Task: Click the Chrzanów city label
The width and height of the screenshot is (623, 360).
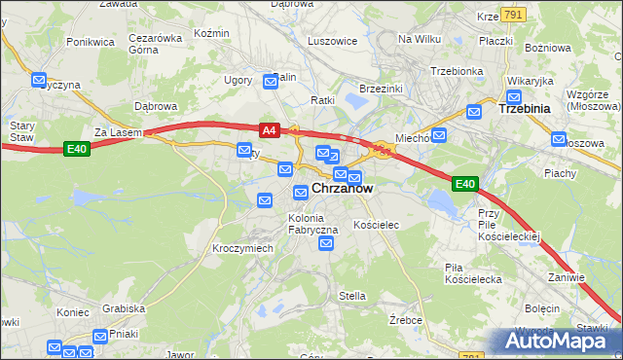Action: [342, 189]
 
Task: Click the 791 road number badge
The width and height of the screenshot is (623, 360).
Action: [515, 14]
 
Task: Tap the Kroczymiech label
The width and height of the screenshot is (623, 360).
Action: [242, 248]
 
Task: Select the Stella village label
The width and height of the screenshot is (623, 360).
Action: [351, 296]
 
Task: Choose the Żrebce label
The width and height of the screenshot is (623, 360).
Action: [405, 319]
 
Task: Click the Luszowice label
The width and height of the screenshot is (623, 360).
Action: [332, 42]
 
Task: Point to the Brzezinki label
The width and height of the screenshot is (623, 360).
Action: [382, 88]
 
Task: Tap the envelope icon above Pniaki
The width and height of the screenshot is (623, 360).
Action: [100, 336]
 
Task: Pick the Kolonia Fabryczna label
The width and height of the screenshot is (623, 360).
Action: [312, 224]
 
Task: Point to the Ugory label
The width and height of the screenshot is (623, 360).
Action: [238, 80]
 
